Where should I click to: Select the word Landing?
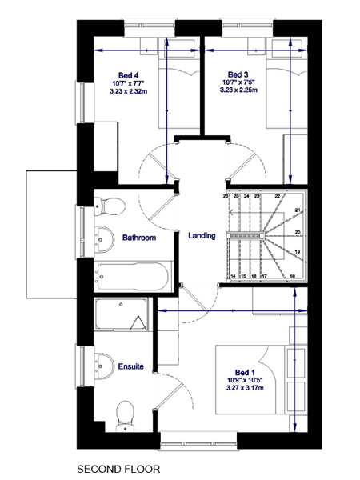point(202,236)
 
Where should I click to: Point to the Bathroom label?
point(138,238)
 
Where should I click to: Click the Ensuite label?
point(130,366)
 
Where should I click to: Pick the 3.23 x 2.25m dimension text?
point(238,91)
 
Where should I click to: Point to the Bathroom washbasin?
point(102,237)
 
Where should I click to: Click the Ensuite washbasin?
point(102,365)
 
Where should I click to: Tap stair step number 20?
point(297,233)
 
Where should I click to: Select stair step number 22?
point(278,196)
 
